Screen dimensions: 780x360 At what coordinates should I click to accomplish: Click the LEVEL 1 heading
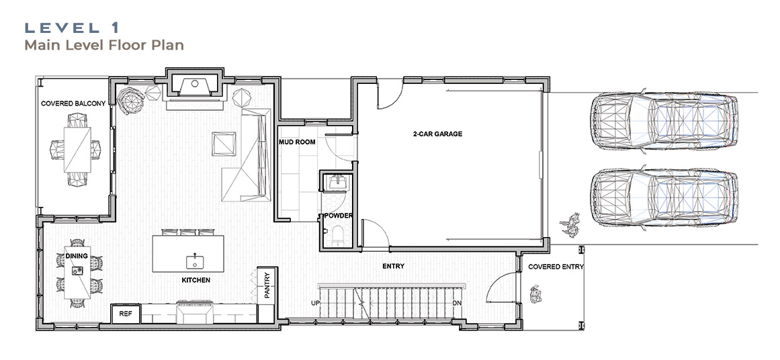73,28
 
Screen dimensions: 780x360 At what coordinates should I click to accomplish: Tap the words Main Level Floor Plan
104,45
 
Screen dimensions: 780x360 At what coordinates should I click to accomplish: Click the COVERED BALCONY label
73,103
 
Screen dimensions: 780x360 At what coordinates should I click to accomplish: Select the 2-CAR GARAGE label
437,134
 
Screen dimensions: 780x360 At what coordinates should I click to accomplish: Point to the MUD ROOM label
297,142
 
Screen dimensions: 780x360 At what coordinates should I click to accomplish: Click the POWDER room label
339,216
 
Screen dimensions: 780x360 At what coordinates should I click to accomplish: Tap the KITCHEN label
196,281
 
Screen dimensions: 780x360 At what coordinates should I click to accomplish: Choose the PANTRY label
267,285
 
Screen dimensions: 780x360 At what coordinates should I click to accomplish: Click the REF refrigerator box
126,314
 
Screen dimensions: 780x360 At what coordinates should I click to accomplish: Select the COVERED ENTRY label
556,267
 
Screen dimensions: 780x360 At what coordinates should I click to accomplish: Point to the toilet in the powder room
336,235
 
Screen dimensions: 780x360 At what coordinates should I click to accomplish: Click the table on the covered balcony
77,149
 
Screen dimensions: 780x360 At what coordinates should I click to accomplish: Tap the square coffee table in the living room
223,144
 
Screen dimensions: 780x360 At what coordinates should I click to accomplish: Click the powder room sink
336,183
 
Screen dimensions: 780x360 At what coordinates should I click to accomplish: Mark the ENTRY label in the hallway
393,267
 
